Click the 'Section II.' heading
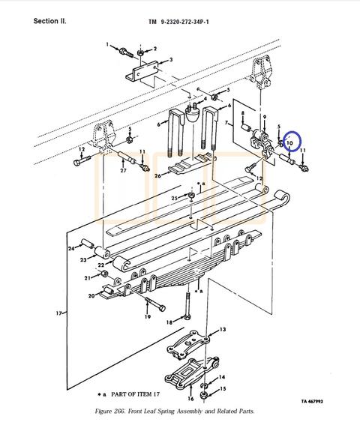pos(49,21)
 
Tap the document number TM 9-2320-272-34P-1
pos(178,22)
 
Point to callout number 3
pos(171,60)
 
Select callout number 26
pos(157,175)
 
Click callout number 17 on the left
pos(58,313)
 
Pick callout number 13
pos(223,329)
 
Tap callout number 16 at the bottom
pos(190,398)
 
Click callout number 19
pos(148,316)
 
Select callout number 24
pos(71,249)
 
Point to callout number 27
pos(123,170)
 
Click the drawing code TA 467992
pos(312,401)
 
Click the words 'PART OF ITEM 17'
pos(135,394)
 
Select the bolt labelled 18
pos(187,306)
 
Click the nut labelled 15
pos(204,395)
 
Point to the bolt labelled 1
pos(126,52)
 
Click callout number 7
pos(226,123)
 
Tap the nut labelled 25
pos(192,196)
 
